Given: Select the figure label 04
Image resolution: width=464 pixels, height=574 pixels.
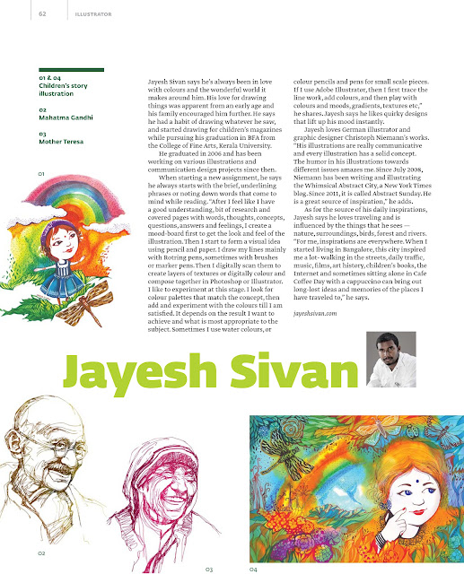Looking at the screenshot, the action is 254,569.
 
